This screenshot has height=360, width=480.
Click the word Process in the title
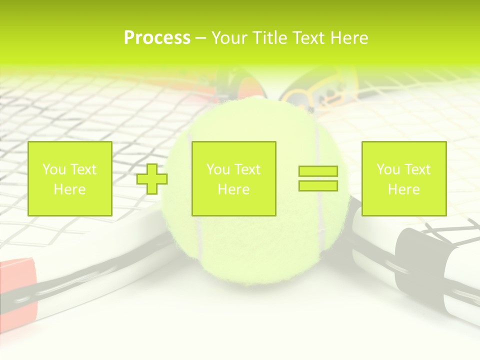[x=157, y=38]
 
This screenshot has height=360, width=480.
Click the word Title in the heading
[x=270, y=38]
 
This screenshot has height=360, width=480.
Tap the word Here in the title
[x=348, y=38]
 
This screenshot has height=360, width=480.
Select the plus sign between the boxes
[x=152, y=179]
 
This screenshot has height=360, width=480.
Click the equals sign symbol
[x=318, y=178]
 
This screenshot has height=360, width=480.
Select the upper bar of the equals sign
[x=318, y=171]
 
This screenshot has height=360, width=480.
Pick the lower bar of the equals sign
[x=318, y=185]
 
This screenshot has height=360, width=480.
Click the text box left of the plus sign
[x=69, y=178]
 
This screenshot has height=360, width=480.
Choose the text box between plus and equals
[x=233, y=178]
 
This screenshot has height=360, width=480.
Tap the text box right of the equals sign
[x=403, y=178]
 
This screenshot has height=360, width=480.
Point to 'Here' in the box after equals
[x=403, y=189]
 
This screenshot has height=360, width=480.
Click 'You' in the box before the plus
[x=53, y=169]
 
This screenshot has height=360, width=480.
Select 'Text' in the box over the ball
[x=248, y=169]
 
